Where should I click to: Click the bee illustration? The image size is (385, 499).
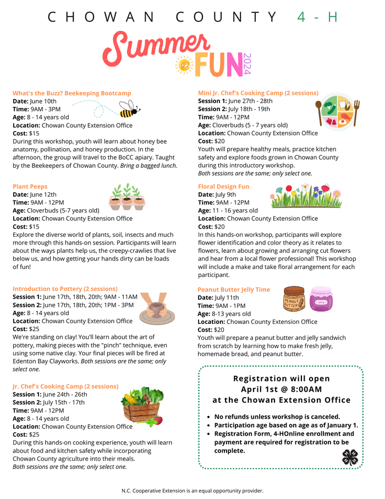pos(128,109)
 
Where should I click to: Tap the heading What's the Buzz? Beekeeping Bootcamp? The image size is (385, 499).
pos(71,93)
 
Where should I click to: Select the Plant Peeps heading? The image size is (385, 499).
pos(30,187)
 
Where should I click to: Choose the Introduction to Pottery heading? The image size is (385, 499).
pos(65,289)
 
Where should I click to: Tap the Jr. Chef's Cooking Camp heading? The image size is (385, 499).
pos(65,387)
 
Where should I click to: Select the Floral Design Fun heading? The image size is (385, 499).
pos(223,187)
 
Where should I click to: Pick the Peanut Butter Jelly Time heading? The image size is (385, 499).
pos(234,290)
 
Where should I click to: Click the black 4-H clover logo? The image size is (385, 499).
pos(350,457)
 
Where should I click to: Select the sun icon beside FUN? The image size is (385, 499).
pos(184,65)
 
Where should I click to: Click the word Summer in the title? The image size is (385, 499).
pos(157,47)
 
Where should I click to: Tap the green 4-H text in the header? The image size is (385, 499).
pos(317,17)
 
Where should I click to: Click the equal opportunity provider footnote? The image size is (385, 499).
pos(192,490)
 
